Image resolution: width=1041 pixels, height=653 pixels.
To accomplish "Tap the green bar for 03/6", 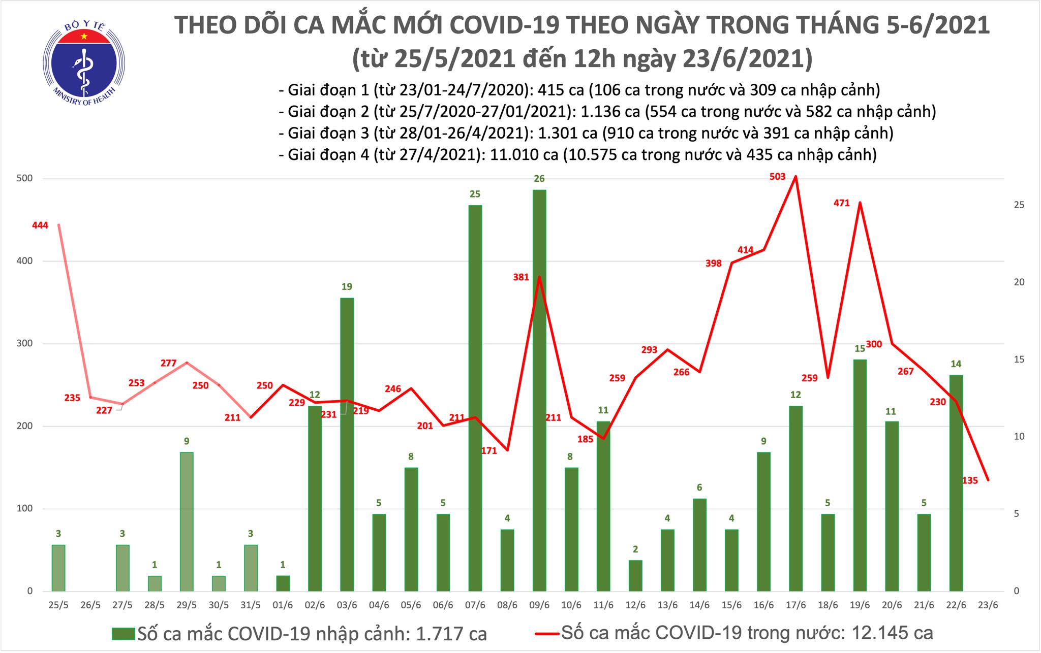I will (x=347, y=444).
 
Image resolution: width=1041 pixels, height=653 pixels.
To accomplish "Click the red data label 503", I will (x=778, y=177).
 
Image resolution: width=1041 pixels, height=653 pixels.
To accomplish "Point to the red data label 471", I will (x=842, y=203).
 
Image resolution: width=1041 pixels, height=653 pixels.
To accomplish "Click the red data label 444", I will (x=40, y=225).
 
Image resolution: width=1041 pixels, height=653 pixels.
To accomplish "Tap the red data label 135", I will (x=970, y=480).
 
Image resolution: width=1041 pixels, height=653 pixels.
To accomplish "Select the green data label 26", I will (x=539, y=179).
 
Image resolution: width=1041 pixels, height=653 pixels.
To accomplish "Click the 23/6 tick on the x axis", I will (x=988, y=606).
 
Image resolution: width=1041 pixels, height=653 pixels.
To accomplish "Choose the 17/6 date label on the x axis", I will (x=795, y=606).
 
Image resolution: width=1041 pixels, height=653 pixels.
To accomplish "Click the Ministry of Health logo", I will (x=84, y=62).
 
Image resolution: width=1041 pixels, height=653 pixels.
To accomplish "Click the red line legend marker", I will (x=547, y=633).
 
